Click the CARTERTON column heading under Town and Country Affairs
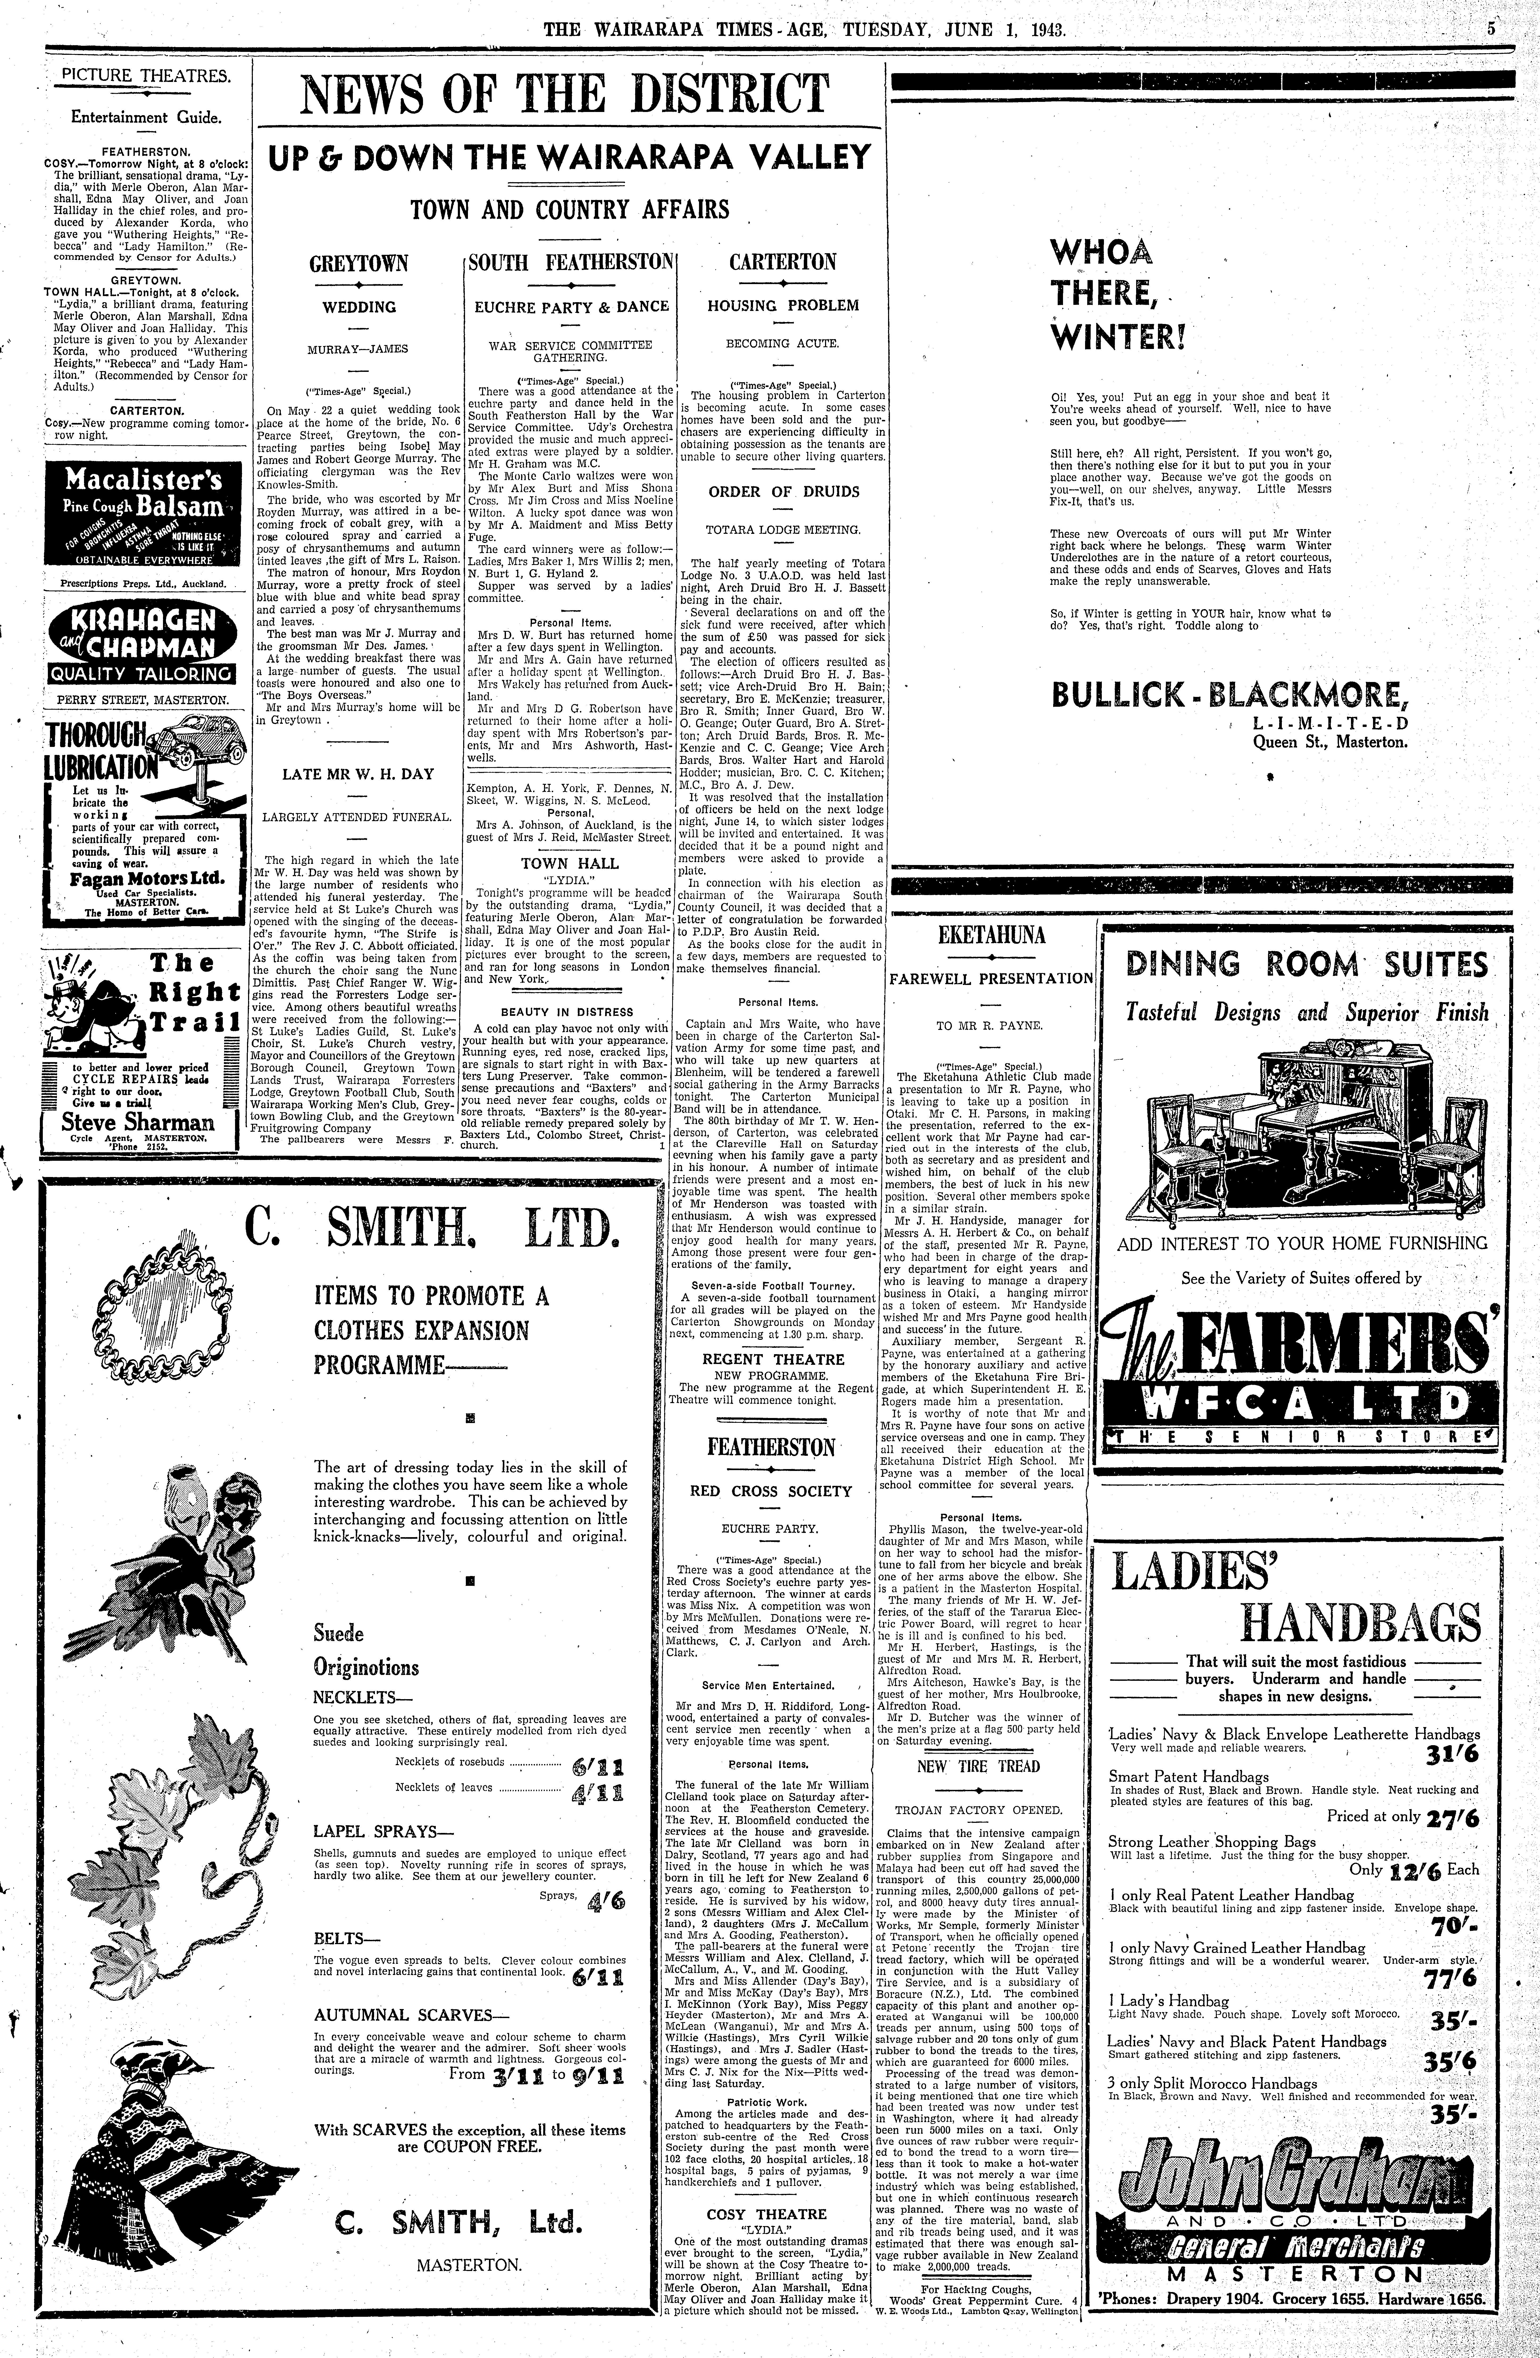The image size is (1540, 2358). pos(782,263)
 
